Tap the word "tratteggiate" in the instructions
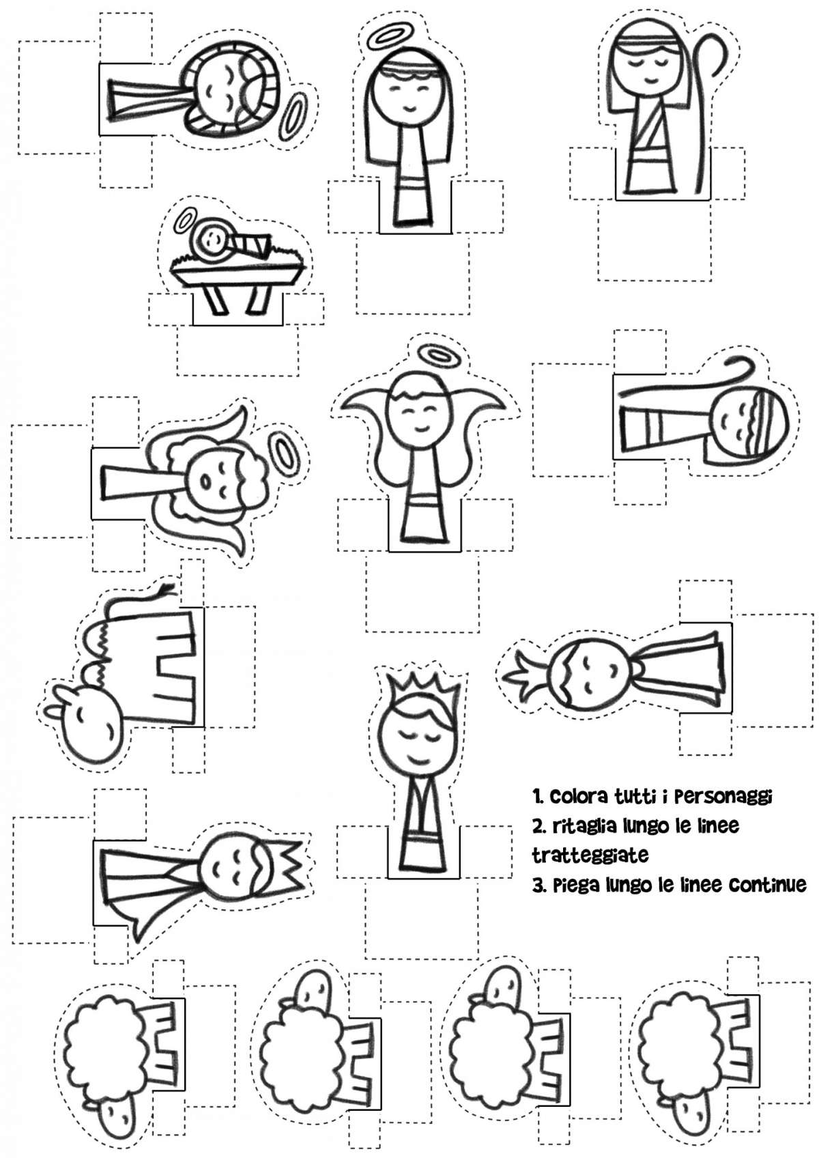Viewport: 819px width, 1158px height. tap(590, 855)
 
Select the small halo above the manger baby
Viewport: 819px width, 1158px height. tap(184, 221)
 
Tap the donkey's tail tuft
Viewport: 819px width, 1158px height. tap(168, 588)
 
